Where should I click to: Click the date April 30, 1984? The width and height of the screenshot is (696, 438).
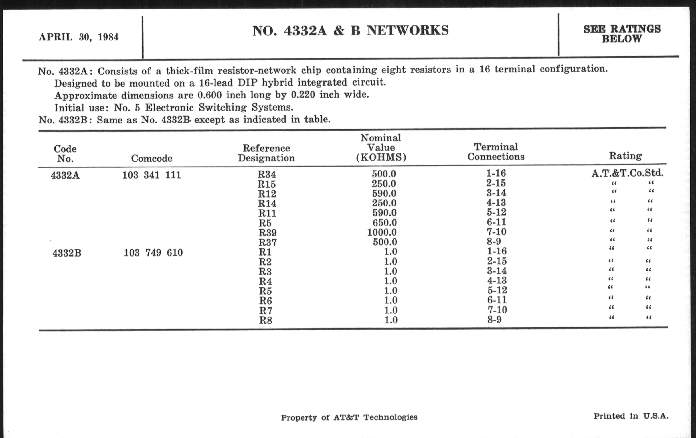click(79, 37)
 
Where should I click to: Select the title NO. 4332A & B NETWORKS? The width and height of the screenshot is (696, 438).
click(350, 31)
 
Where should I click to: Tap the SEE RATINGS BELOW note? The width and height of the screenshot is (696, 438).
click(622, 34)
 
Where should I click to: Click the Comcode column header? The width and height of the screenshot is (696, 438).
click(151, 158)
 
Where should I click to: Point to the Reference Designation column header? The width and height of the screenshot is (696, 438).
click(266, 153)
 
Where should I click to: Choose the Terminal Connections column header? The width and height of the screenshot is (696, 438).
click(496, 152)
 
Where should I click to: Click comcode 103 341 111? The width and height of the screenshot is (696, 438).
click(151, 175)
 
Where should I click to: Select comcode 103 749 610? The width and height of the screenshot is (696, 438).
click(153, 253)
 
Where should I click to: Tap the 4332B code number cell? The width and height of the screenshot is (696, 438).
click(67, 253)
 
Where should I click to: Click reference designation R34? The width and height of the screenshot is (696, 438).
click(266, 175)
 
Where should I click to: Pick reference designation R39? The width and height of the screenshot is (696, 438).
click(267, 233)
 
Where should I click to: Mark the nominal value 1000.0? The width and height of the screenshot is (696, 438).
click(382, 232)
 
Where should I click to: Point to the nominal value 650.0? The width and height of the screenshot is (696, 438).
click(384, 223)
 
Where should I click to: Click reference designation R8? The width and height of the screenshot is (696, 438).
click(265, 320)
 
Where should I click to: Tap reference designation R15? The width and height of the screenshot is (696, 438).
click(266, 184)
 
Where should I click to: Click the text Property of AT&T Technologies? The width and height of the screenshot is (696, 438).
click(349, 417)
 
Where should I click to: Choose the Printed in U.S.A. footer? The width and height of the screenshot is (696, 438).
click(631, 416)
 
